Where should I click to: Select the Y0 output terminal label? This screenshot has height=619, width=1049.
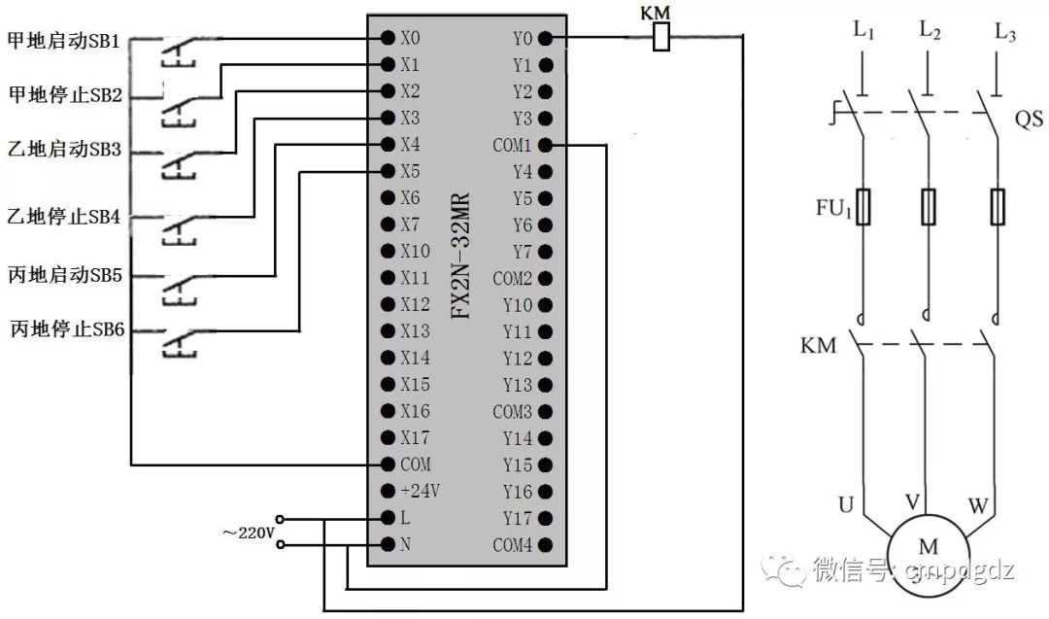click(x=522, y=39)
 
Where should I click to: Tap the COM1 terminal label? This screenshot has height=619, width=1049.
click(x=512, y=146)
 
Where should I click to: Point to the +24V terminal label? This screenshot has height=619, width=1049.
click(x=421, y=491)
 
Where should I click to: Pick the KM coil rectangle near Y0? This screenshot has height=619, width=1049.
click(x=660, y=38)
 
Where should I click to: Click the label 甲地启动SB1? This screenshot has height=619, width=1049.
click(x=63, y=42)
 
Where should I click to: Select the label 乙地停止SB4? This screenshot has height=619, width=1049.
click(x=63, y=216)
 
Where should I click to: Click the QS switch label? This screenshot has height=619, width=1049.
click(x=1029, y=120)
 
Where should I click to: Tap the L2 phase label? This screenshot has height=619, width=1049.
click(x=930, y=32)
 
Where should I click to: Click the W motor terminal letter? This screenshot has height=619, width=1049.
click(x=977, y=505)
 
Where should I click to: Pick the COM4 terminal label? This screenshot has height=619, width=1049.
click(x=512, y=544)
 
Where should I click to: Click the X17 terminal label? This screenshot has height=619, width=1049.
click(x=415, y=437)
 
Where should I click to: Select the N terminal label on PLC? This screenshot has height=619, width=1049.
click(x=405, y=544)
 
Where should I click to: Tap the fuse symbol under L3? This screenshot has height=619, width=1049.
click(x=998, y=206)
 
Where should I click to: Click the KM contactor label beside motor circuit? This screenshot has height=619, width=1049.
click(x=818, y=345)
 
